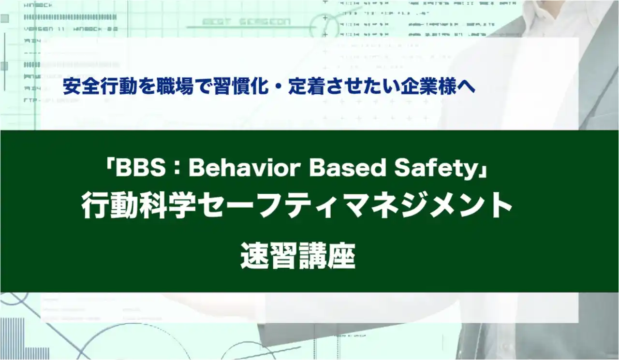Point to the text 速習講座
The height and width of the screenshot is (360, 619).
[298, 256]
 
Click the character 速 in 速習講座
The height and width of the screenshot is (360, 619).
[254, 256]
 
